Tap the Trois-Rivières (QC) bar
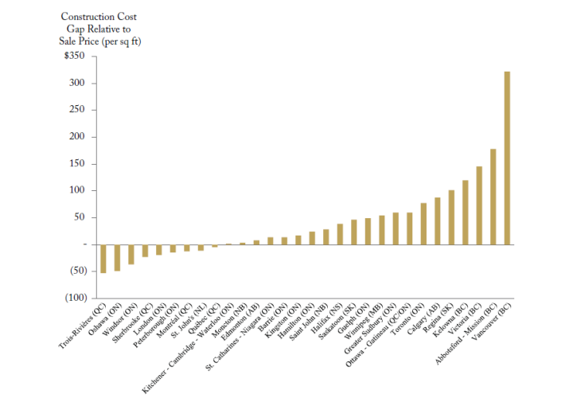[103, 259]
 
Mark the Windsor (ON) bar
[131, 254]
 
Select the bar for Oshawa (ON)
[117, 257]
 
